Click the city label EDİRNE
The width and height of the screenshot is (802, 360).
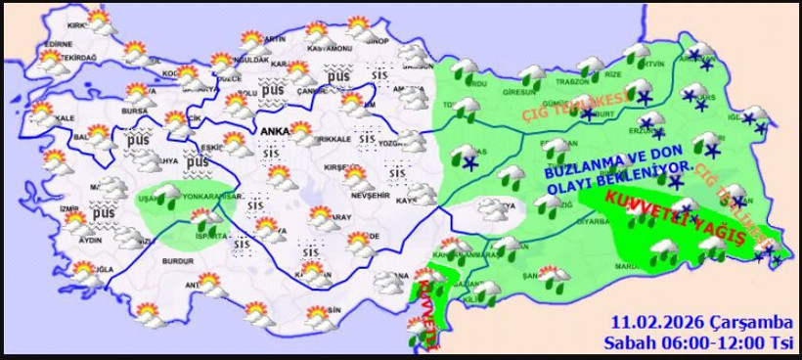tap(59, 44)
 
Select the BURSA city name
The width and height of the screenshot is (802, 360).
tap(107, 112)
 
